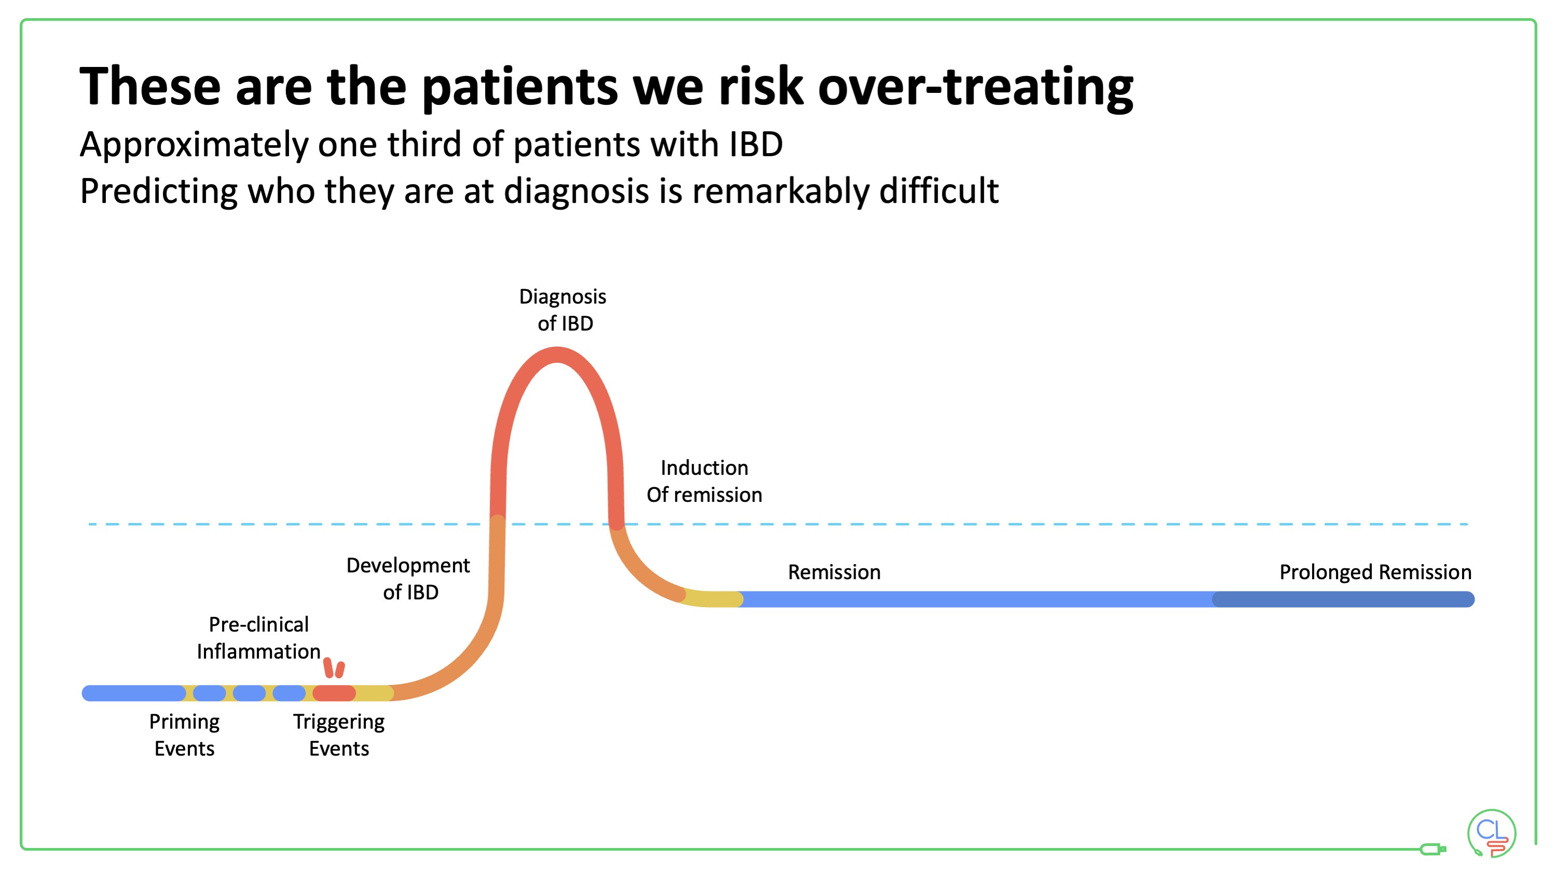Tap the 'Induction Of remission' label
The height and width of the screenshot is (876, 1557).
pyautogui.click(x=704, y=481)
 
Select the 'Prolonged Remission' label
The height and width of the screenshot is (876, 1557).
pyautogui.click(x=1375, y=572)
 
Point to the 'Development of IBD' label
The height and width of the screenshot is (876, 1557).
pyautogui.click(x=409, y=579)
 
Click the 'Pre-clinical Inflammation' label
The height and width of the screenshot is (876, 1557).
pyautogui.click(x=259, y=638)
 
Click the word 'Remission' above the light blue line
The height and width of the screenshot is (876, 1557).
pyautogui.click(x=834, y=572)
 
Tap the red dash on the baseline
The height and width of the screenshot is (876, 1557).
pyautogui.click(x=334, y=693)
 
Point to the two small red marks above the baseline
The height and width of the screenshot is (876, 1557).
pyautogui.click(x=334, y=668)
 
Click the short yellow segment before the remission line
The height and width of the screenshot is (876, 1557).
pyautogui.click(x=713, y=598)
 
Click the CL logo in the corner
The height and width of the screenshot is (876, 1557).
pyautogui.click(x=1491, y=833)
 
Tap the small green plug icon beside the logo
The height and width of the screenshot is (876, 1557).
pyautogui.click(x=1432, y=850)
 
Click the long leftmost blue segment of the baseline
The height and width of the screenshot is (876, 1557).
pyautogui.click(x=133, y=693)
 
